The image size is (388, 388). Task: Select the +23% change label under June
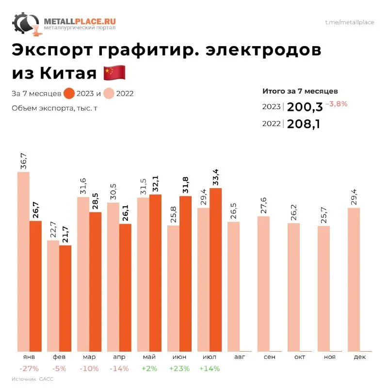pos(179,369)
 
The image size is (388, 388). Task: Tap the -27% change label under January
pos(26,369)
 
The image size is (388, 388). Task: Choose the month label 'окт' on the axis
pos(299,357)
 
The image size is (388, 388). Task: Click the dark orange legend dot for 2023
pos(69,94)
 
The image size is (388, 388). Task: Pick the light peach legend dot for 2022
pos(109,94)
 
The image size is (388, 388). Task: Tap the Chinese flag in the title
pos(115,73)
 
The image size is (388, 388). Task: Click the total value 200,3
pos(305,107)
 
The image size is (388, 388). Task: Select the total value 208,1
pos(304,124)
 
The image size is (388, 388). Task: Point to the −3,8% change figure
pos(336,104)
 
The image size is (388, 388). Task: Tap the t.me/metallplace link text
pos(349,22)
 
